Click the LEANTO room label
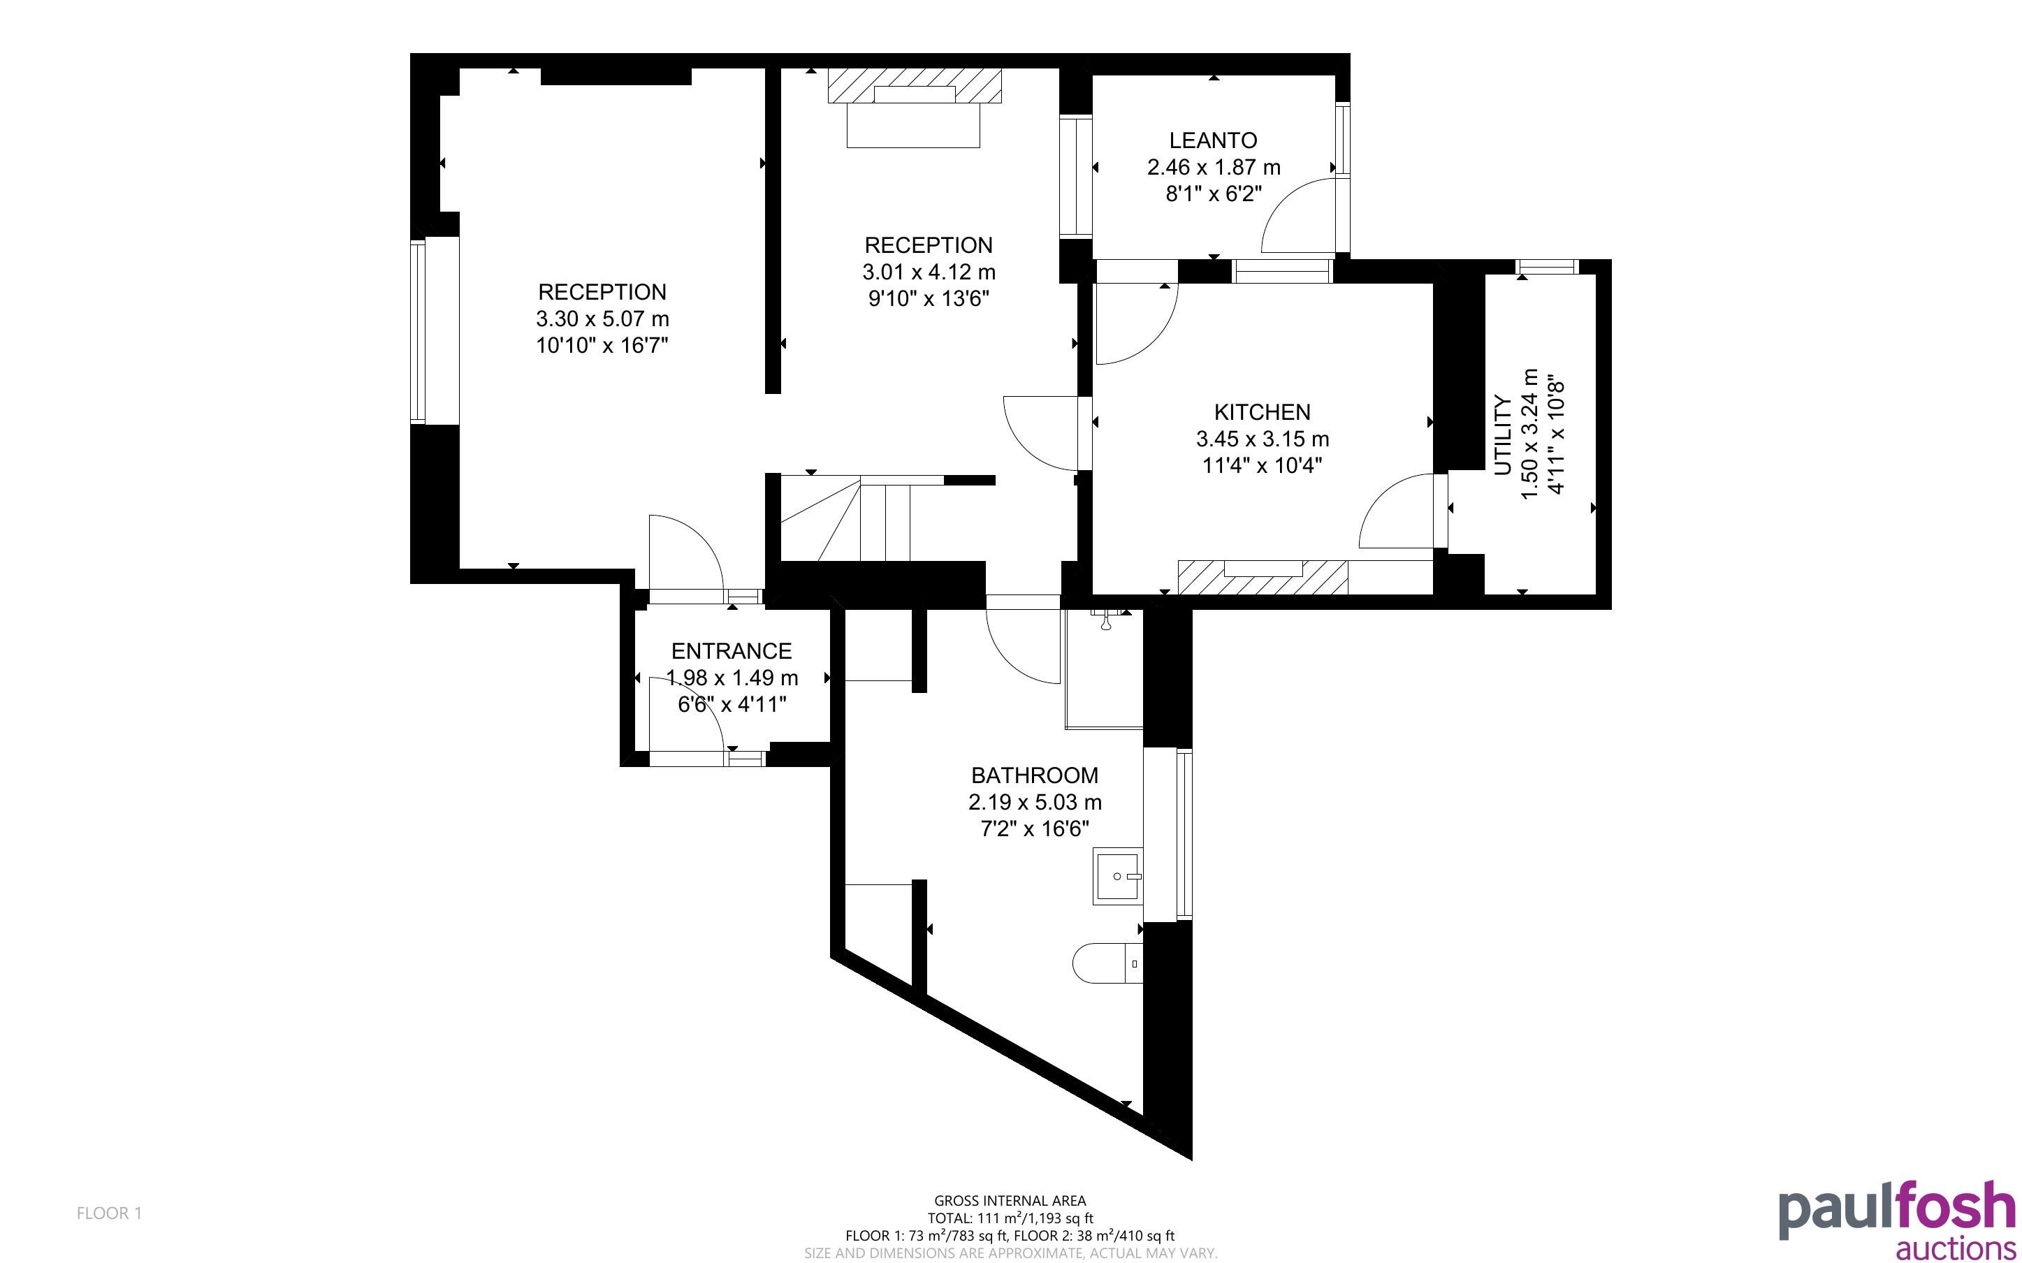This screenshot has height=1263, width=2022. point(1213,140)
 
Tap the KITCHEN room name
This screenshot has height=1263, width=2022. point(1262,412)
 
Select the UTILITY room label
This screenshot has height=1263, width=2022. point(1502,435)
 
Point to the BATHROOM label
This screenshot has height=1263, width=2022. point(1035,775)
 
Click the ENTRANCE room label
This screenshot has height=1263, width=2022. point(732,651)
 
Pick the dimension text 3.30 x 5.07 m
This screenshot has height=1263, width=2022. point(602,319)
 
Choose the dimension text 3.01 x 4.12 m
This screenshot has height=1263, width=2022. point(929,272)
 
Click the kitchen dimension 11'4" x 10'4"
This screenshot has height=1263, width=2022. point(1262,465)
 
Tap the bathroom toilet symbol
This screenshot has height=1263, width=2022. point(1107,963)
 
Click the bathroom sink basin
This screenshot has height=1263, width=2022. point(1117,876)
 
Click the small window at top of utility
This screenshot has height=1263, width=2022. point(1547,268)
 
